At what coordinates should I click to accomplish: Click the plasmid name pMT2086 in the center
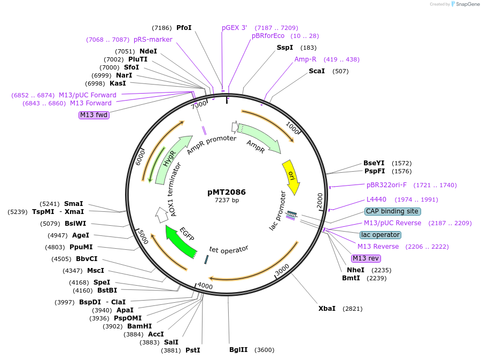click(227, 192)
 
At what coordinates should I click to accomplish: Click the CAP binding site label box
click(393, 211)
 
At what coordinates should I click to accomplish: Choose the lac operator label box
click(380, 235)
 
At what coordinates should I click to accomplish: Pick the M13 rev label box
click(366, 258)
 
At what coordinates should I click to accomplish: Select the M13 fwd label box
click(94, 114)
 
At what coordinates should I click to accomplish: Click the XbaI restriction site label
click(326, 309)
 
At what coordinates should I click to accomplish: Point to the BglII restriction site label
click(238, 350)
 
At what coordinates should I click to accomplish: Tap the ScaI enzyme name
click(316, 71)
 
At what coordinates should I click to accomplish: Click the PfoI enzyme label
click(184, 28)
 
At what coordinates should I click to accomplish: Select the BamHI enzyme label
click(139, 326)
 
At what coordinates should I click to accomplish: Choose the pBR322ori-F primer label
click(386, 185)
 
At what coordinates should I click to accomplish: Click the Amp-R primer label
click(305, 59)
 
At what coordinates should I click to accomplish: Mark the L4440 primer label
click(376, 200)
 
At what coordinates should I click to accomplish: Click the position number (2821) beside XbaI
click(353, 309)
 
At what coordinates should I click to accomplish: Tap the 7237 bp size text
click(227, 200)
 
